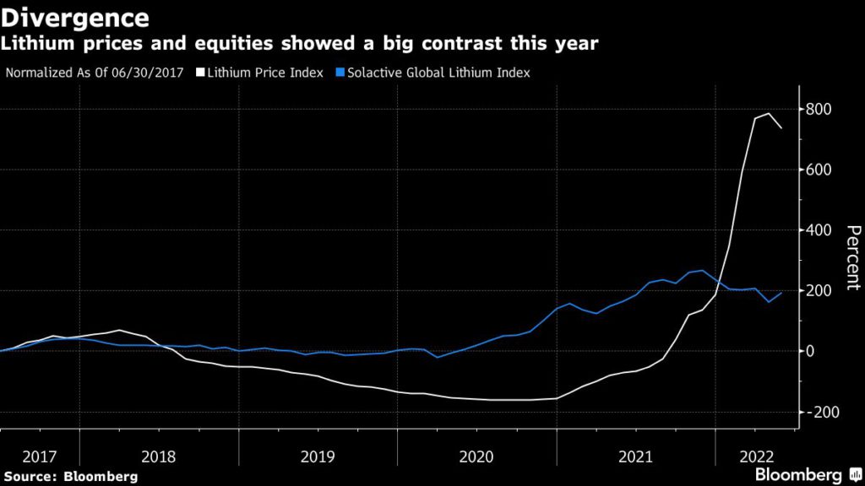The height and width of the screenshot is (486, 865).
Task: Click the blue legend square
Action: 335,73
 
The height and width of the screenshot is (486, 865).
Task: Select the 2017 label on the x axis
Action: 40,456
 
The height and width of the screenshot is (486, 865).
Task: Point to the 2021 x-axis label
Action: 636,456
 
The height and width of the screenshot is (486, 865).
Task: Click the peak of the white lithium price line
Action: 769,114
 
